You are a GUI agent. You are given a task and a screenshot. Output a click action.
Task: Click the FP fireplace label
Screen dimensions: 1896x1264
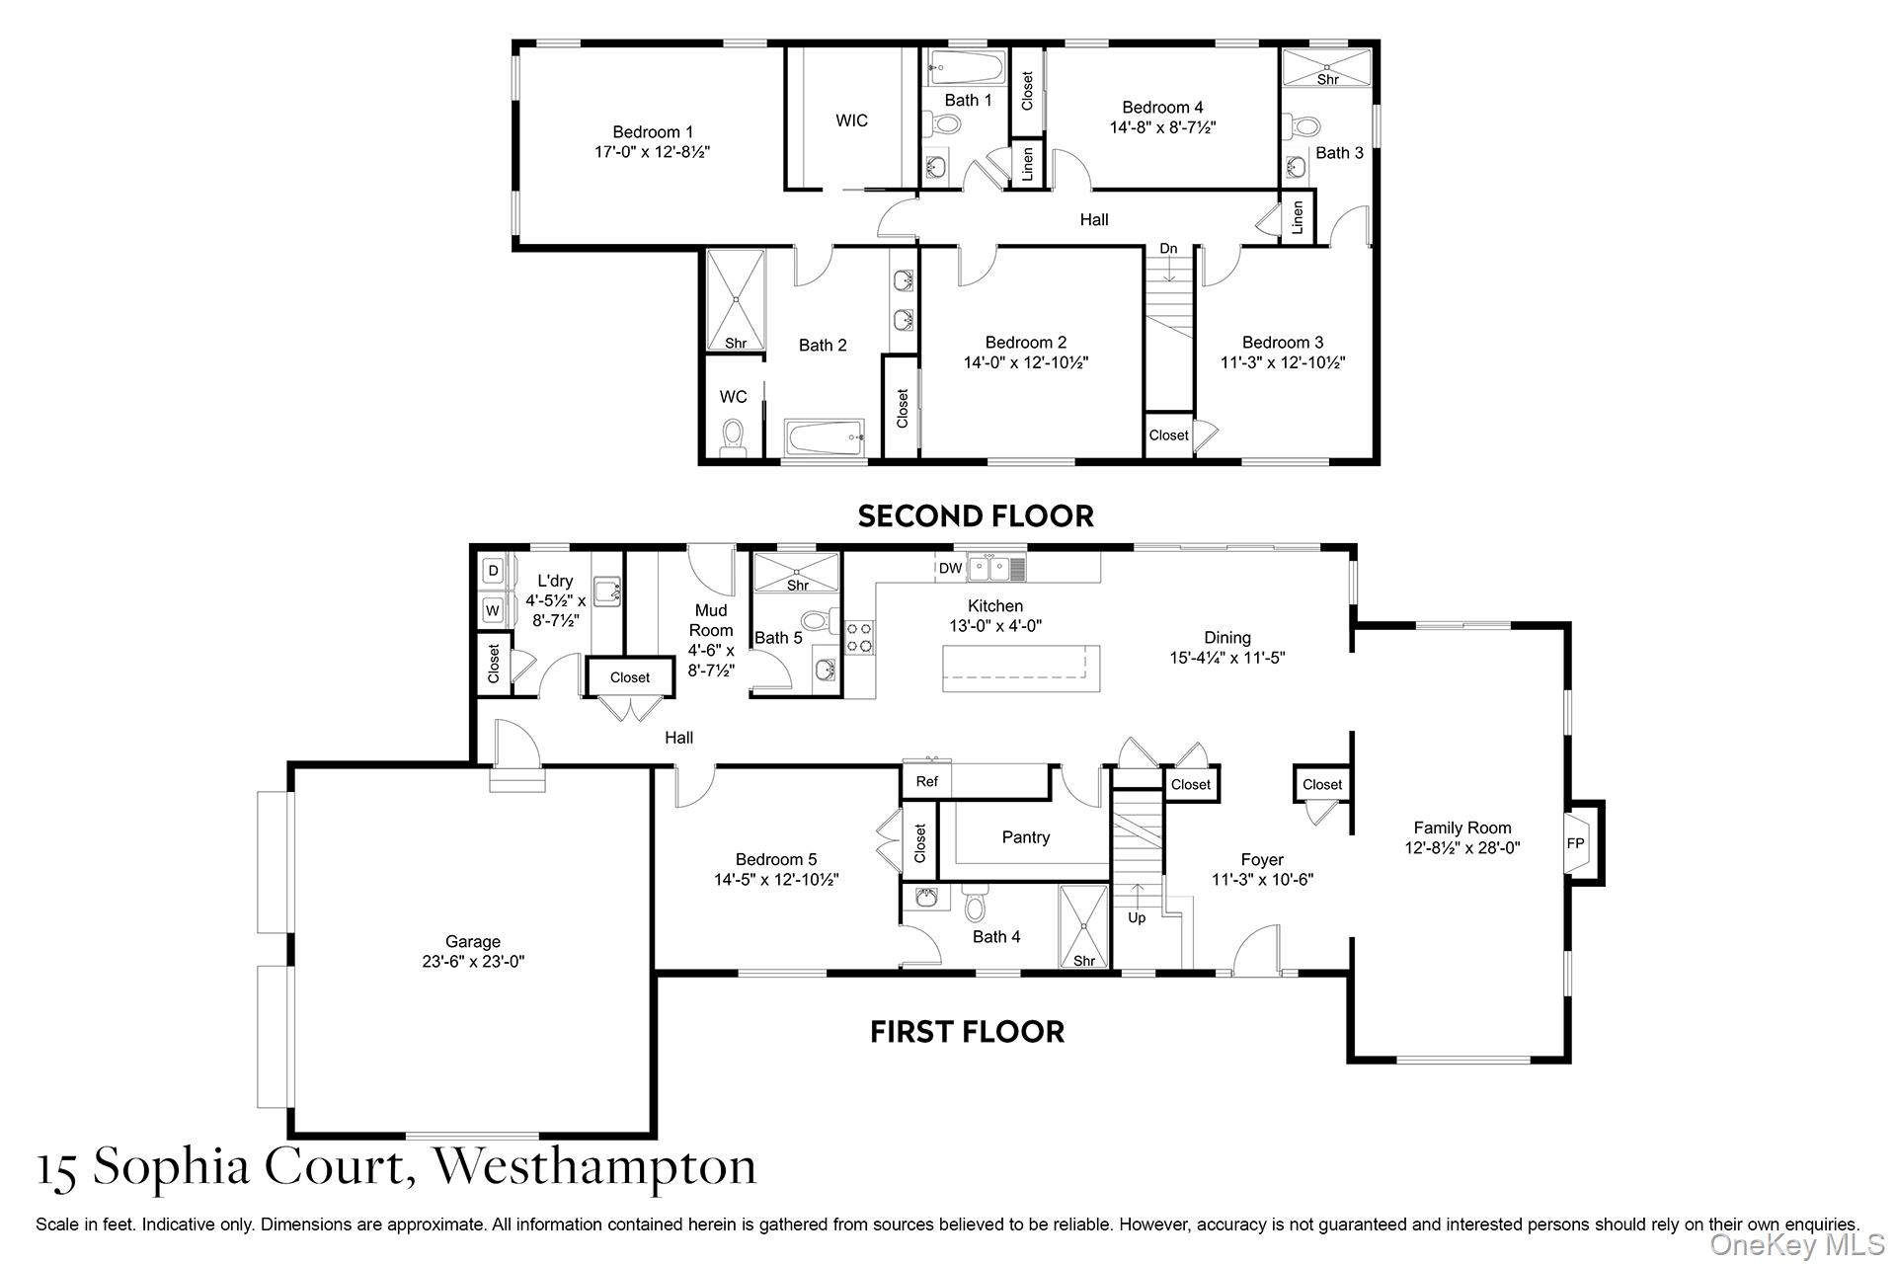pyautogui.click(x=1575, y=843)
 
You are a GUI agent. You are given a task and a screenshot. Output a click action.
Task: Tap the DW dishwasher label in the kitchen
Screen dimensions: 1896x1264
pyautogui.click(x=950, y=568)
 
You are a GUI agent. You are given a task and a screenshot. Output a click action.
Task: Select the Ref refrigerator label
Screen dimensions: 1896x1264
pyautogui.click(x=926, y=781)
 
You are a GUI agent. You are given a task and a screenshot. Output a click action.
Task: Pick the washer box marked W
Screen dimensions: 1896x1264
pyautogui.click(x=493, y=610)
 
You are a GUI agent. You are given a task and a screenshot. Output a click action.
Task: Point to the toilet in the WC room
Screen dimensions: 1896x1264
pyautogui.click(x=733, y=437)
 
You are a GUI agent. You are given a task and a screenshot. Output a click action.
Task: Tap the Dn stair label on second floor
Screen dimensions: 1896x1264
pyautogui.click(x=1168, y=248)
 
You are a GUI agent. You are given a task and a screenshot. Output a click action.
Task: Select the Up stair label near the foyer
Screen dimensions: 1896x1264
pyautogui.click(x=1137, y=917)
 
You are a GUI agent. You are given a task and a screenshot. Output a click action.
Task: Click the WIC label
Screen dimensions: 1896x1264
pyautogui.click(x=851, y=120)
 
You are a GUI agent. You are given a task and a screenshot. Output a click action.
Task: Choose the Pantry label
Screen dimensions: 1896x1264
pyautogui.click(x=1026, y=837)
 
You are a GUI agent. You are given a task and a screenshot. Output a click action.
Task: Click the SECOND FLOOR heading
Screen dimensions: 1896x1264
pyautogui.click(x=976, y=515)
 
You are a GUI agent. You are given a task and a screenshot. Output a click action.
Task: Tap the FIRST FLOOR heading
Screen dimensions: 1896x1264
pyautogui.click(x=967, y=1032)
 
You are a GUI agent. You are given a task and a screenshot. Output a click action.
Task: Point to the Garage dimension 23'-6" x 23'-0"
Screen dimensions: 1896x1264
pyautogui.click(x=473, y=961)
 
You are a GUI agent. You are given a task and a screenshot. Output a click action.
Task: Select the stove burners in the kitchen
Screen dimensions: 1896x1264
pyautogui.click(x=859, y=636)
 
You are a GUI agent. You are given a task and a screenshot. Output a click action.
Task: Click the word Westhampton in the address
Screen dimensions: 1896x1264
pyautogui.click(x=595, y=1165)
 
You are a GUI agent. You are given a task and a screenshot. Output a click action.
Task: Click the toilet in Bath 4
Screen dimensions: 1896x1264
pyautogui.click(x=976, y=904)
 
